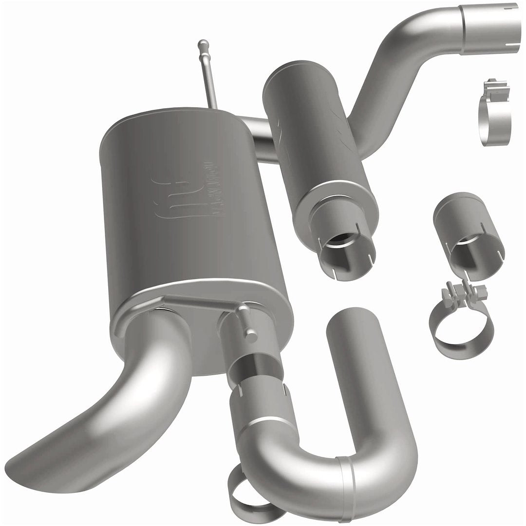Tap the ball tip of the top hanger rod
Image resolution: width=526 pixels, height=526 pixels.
[203, 44]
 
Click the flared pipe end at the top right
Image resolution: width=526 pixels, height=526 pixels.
[490, 22]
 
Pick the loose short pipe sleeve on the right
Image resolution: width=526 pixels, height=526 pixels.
[468, 229]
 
